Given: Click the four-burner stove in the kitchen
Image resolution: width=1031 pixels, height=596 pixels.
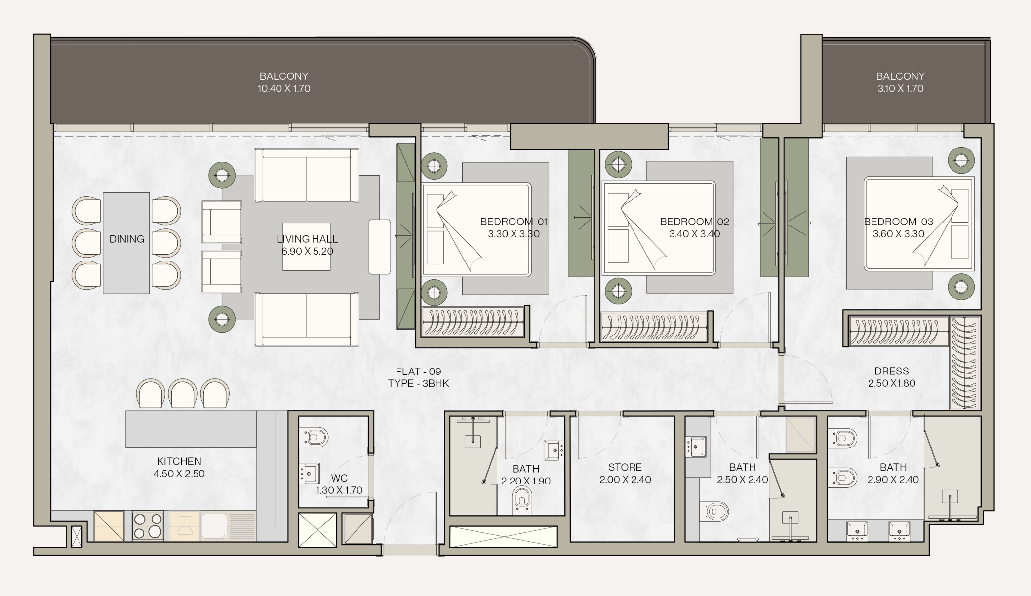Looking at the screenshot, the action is [148, 526].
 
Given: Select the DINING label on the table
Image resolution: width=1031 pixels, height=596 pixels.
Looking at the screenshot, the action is [127, 239].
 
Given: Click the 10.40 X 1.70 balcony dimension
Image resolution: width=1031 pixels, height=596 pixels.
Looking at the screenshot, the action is [284, 89].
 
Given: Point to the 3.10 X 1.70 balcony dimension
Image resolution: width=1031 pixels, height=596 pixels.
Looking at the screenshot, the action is [900, 89].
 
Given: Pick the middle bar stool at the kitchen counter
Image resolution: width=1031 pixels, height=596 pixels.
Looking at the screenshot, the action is [183, 394].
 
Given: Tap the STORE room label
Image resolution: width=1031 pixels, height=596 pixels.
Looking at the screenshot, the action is [625, 467].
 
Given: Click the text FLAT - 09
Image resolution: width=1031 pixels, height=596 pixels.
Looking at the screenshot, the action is [418, 372].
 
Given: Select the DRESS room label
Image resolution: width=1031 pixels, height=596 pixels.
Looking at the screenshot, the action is [892, 371].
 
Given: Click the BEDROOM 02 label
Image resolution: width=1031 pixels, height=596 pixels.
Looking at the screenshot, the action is [694, 222].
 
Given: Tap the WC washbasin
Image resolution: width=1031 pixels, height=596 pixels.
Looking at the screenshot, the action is [310, 474].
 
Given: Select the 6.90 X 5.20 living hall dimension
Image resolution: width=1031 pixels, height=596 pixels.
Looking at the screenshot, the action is [307, 251].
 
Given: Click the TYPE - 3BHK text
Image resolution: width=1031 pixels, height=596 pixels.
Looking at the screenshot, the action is [418, 384].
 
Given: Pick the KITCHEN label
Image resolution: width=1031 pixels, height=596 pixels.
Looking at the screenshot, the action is [179, 461].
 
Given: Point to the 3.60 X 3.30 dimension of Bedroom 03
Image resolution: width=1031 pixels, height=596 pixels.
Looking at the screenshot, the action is [898, 234].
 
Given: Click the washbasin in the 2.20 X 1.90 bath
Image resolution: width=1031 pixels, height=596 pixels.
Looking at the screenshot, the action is [554, 450].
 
